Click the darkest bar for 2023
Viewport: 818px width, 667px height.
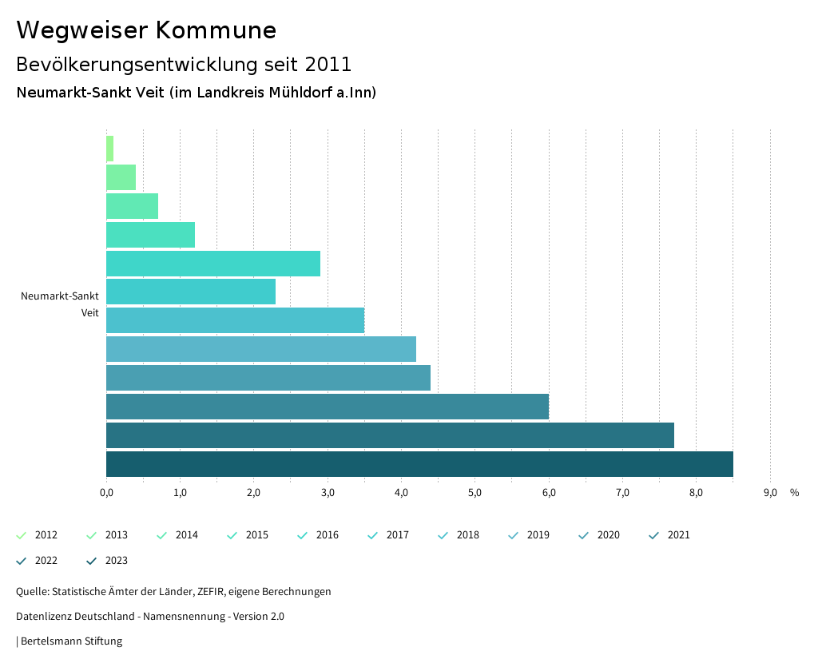[419, 464]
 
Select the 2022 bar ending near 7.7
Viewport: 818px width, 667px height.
[390, 435]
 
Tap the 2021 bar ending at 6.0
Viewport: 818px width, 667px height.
[328, 407]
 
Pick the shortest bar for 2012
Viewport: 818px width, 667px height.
[110, 149]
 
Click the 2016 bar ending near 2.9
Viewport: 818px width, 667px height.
[213, 264]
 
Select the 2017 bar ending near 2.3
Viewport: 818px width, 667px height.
[191, 292]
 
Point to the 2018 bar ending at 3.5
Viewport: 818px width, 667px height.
[235, 320]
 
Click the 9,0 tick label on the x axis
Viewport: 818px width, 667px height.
[770, 493]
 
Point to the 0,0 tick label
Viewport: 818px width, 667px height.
[106, 493]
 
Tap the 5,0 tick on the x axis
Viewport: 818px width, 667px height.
[475, 493]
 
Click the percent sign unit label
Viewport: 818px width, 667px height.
[794, 493]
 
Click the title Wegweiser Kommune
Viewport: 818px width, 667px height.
[146, 30]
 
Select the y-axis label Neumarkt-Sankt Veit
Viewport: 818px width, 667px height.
[60, 304]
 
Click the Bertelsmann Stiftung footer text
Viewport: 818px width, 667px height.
[71, 641]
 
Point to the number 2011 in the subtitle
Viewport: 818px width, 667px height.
[328, 64]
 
